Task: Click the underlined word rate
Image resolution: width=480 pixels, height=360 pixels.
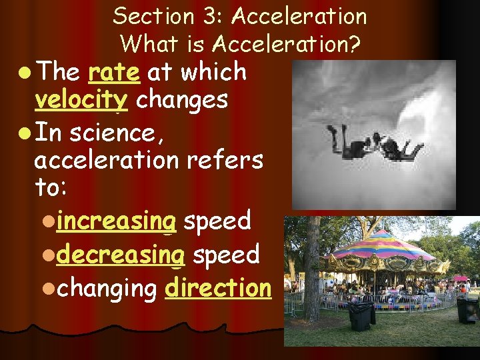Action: [114, 72]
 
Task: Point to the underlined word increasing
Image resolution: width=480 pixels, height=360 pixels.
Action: [116, 221]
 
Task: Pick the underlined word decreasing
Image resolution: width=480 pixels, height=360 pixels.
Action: [116, 254]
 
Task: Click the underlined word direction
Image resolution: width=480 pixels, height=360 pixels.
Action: [218, 288]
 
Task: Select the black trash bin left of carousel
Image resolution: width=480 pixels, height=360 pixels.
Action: [361, 316]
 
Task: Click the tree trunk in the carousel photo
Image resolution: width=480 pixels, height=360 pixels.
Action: [311, 280]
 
